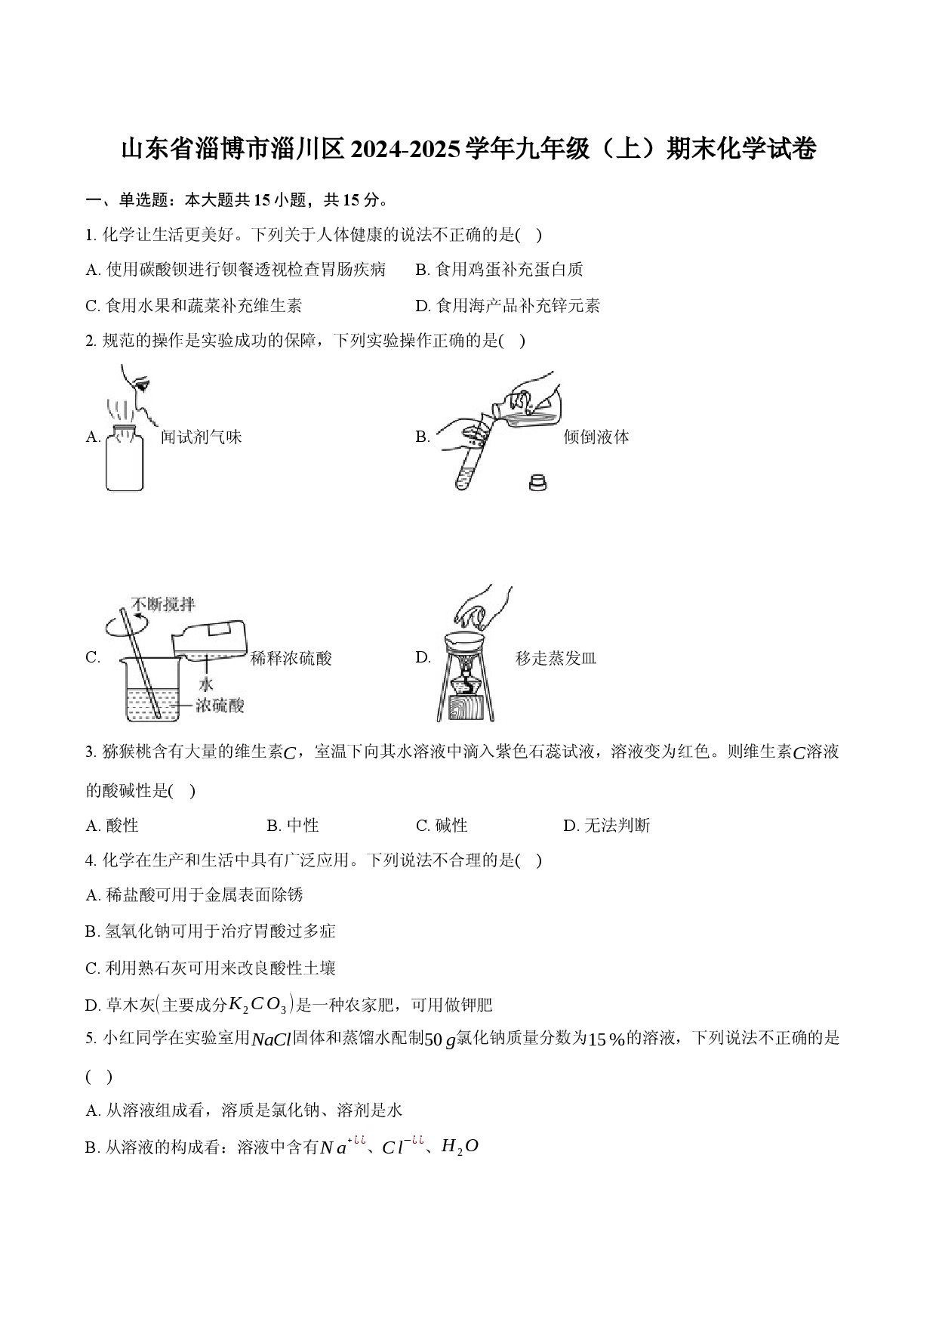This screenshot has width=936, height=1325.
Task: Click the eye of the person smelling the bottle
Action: tap(141, 385)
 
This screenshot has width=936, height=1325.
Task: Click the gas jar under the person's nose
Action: tap(125, 461)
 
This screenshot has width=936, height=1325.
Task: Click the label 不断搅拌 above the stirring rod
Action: tap(163, 605)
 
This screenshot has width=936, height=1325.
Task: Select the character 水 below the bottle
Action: tap(206, 685)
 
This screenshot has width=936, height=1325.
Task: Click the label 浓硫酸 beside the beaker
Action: tap(220, 706)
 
